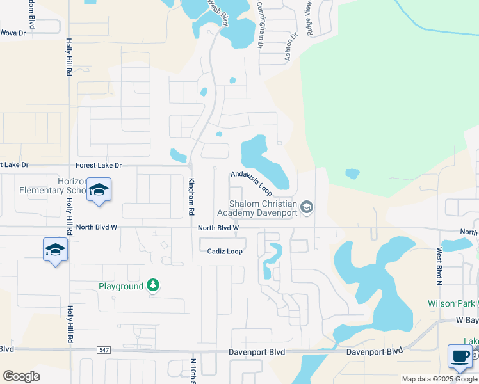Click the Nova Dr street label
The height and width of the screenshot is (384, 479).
(x=13, y=32)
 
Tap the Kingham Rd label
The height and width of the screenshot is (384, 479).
(x=190, y=196)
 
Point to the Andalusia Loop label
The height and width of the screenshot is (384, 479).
(x=252, y=182)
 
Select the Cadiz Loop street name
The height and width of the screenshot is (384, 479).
(x=225, y=252)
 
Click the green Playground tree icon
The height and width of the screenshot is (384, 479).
(x=152, y=285)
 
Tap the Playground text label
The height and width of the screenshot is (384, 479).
(x=121, y=286)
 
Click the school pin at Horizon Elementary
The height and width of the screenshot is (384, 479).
(x=99, y=189)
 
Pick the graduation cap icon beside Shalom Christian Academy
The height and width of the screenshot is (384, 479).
(x=307, y=206)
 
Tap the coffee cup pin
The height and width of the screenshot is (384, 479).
(x=459, y=356)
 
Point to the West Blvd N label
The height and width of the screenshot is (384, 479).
(x=439, y=266)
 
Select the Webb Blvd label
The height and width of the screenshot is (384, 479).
(x=217, y=12)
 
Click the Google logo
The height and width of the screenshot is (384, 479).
(x=21, y=376)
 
